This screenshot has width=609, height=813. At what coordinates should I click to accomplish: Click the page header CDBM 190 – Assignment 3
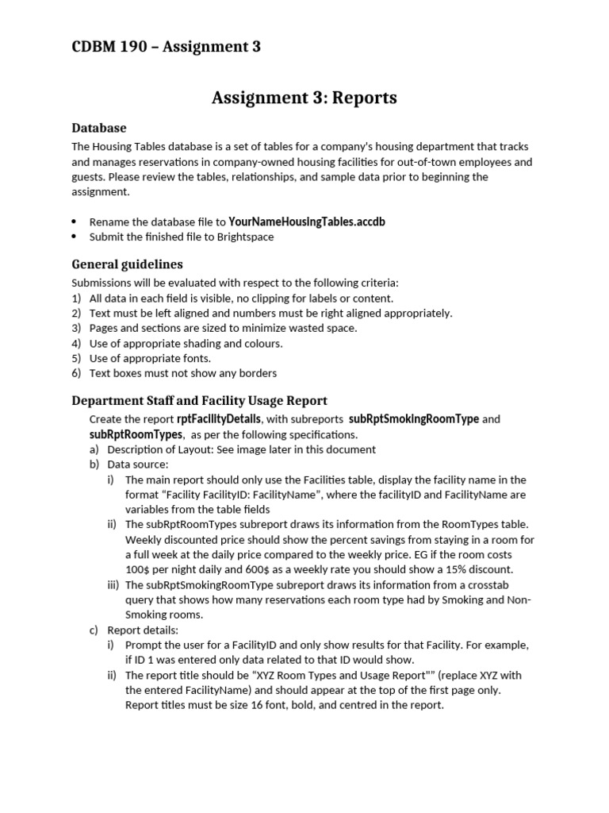(x=166, y=47)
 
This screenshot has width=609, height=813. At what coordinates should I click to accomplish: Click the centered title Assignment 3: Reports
(x=304, y=98)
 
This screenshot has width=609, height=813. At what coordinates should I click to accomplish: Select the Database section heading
(x=99, y=127)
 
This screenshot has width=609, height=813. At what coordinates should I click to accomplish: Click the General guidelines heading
(x=127, y=264)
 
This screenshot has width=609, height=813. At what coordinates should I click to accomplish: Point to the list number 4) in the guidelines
(x=77, y=343)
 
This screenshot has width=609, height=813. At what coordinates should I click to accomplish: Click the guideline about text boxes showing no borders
(x=182, y=373)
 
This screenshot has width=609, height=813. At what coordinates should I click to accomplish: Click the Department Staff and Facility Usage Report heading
(x=199, y=400)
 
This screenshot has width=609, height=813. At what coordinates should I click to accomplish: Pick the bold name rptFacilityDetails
(x=218, y=419)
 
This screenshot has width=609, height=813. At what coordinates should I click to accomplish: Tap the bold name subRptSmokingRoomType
(x=413, y=419)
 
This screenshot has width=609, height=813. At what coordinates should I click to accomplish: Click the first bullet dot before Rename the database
(x=75, y=222)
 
